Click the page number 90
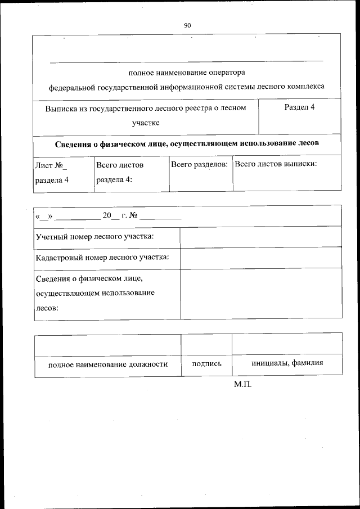pos(187,25)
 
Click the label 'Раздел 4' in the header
pos(299,107)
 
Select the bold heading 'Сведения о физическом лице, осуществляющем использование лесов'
pos(187,143)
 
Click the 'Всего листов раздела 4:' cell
pos(120,173)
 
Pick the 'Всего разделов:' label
pos(199,165)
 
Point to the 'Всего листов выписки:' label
pos(276,164)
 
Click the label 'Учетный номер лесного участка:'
pos(94,236)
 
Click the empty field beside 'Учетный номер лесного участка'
pos(260,237)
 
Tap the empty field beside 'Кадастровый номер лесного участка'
pos(260,258)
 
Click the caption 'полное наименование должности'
pos(108,364)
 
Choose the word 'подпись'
pos(206,364)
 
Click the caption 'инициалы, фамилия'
pos(287,363)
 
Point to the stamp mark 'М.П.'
pos(243,385)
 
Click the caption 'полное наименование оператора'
pos(187,73)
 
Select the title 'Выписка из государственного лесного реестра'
pos(146,108)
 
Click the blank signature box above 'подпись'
pos(206,344)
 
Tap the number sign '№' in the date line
pos(133,216)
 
